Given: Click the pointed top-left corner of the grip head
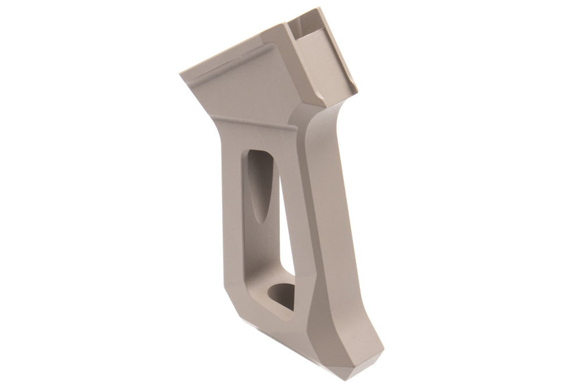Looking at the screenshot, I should click(x=181, y=75).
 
